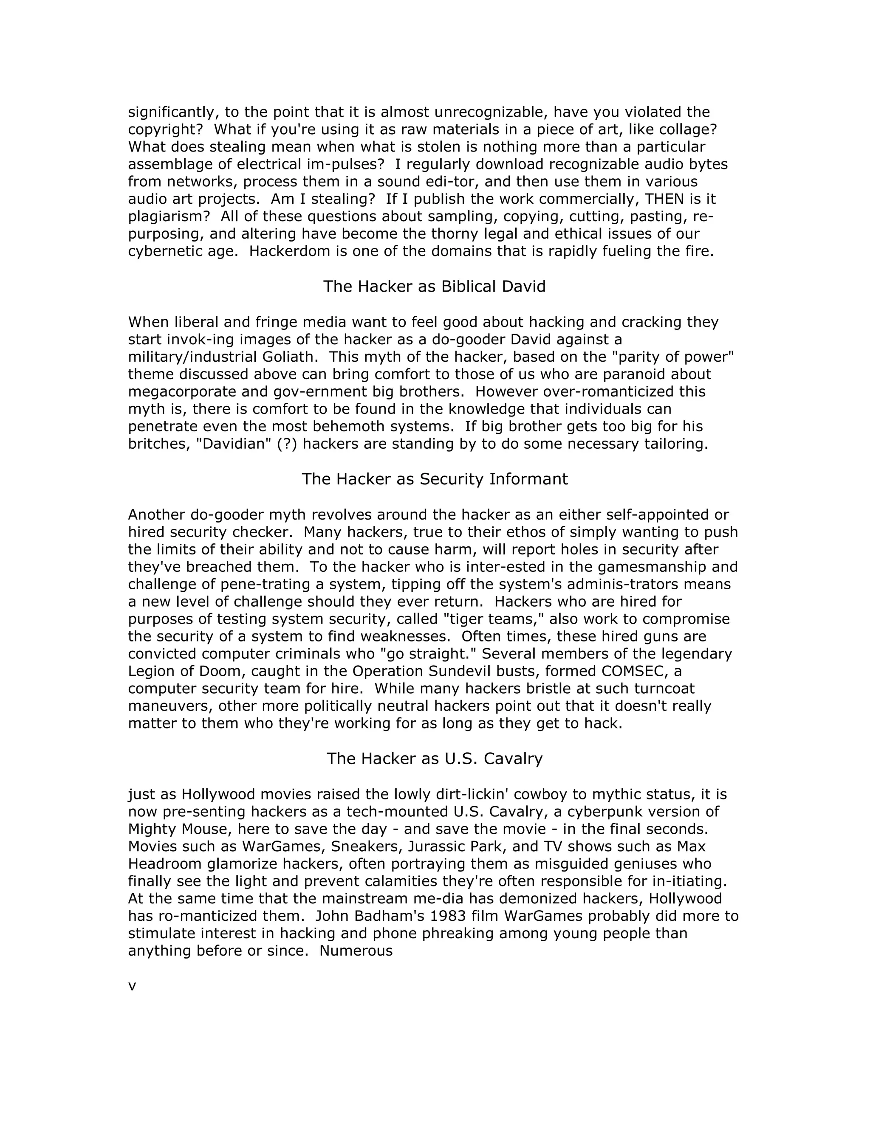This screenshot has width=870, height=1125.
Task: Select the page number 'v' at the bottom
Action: [132, 987]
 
